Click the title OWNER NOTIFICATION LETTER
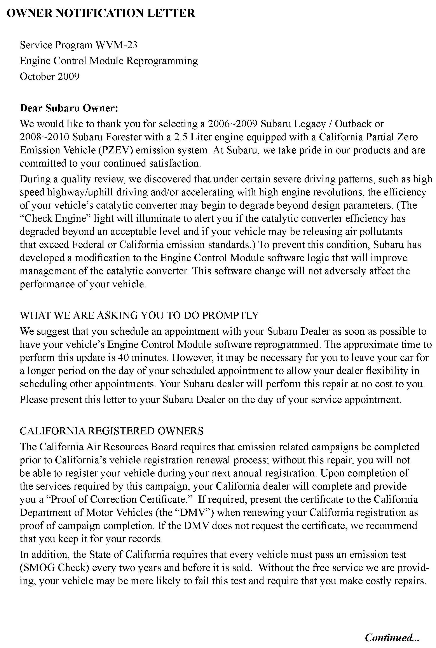(x=101, y=13)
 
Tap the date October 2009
(x=49, y=77)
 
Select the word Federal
(x=88, y=245)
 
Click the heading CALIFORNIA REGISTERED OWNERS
(x=112, y=431)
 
